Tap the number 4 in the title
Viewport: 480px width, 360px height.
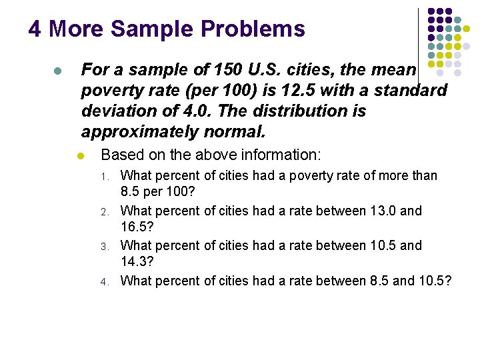(35, 29)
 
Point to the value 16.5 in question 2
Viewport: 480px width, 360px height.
(136, 228)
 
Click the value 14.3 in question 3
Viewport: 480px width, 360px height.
(136, 263)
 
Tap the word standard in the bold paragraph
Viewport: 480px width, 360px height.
(407, 90)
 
